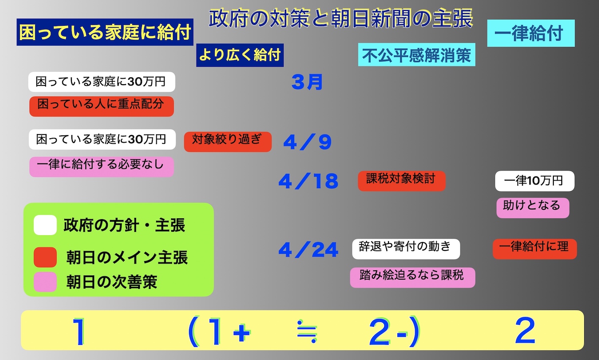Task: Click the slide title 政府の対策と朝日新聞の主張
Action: (341, 18)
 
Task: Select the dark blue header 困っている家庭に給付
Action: (105, 32)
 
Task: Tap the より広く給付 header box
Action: (240, 55)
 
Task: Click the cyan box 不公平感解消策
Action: (417, 55)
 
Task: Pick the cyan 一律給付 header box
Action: (531, 33)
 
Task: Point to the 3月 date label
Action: (307, 82)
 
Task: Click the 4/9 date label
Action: (307, 142)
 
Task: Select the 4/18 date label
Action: (308, 181)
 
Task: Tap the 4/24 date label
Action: (308, 250)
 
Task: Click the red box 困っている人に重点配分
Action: (101, 106)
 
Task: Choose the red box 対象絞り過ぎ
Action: (228, 142)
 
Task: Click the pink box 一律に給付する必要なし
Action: (101, 167)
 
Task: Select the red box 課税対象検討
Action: (402, 181)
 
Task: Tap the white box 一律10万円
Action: (535, 181)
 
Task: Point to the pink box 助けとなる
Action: (533, 208)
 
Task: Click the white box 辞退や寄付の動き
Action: (406, 249)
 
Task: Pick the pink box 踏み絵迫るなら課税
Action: (413, 278)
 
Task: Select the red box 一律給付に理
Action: (535, 249)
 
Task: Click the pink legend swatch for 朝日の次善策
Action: (45, 282)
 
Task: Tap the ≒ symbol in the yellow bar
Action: (307, 331)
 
